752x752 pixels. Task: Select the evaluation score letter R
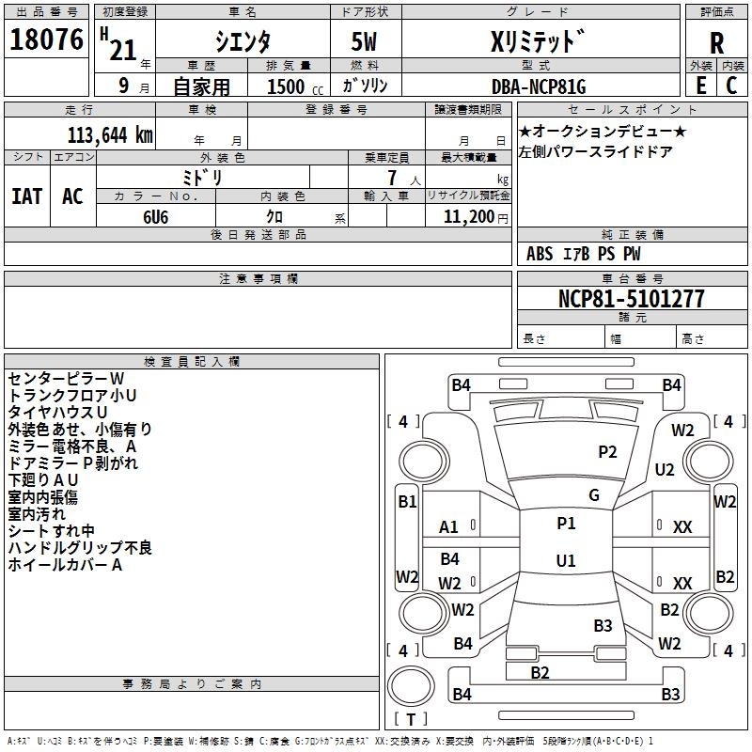717,43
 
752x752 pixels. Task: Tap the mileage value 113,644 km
109,134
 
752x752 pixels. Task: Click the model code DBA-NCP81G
539,86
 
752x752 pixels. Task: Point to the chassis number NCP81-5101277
631,299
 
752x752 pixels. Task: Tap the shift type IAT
26,196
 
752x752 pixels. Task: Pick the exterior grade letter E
700,85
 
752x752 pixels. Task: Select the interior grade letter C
731,85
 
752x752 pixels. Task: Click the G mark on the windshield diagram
594,495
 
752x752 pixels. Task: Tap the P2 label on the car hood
608,452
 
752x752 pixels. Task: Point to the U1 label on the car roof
566,561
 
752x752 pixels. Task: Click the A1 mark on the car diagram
449,527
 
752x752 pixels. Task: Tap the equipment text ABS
540,254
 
